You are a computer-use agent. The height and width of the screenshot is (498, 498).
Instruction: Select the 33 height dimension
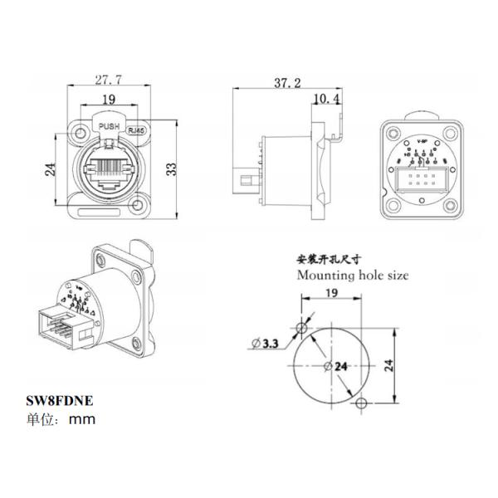170,168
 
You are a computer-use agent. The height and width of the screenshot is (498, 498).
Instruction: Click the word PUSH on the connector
109,127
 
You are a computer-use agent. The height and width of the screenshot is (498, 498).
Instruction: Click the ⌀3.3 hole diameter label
267,341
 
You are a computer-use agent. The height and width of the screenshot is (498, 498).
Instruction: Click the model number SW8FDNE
60,400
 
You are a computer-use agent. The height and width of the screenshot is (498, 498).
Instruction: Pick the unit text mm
83,419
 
